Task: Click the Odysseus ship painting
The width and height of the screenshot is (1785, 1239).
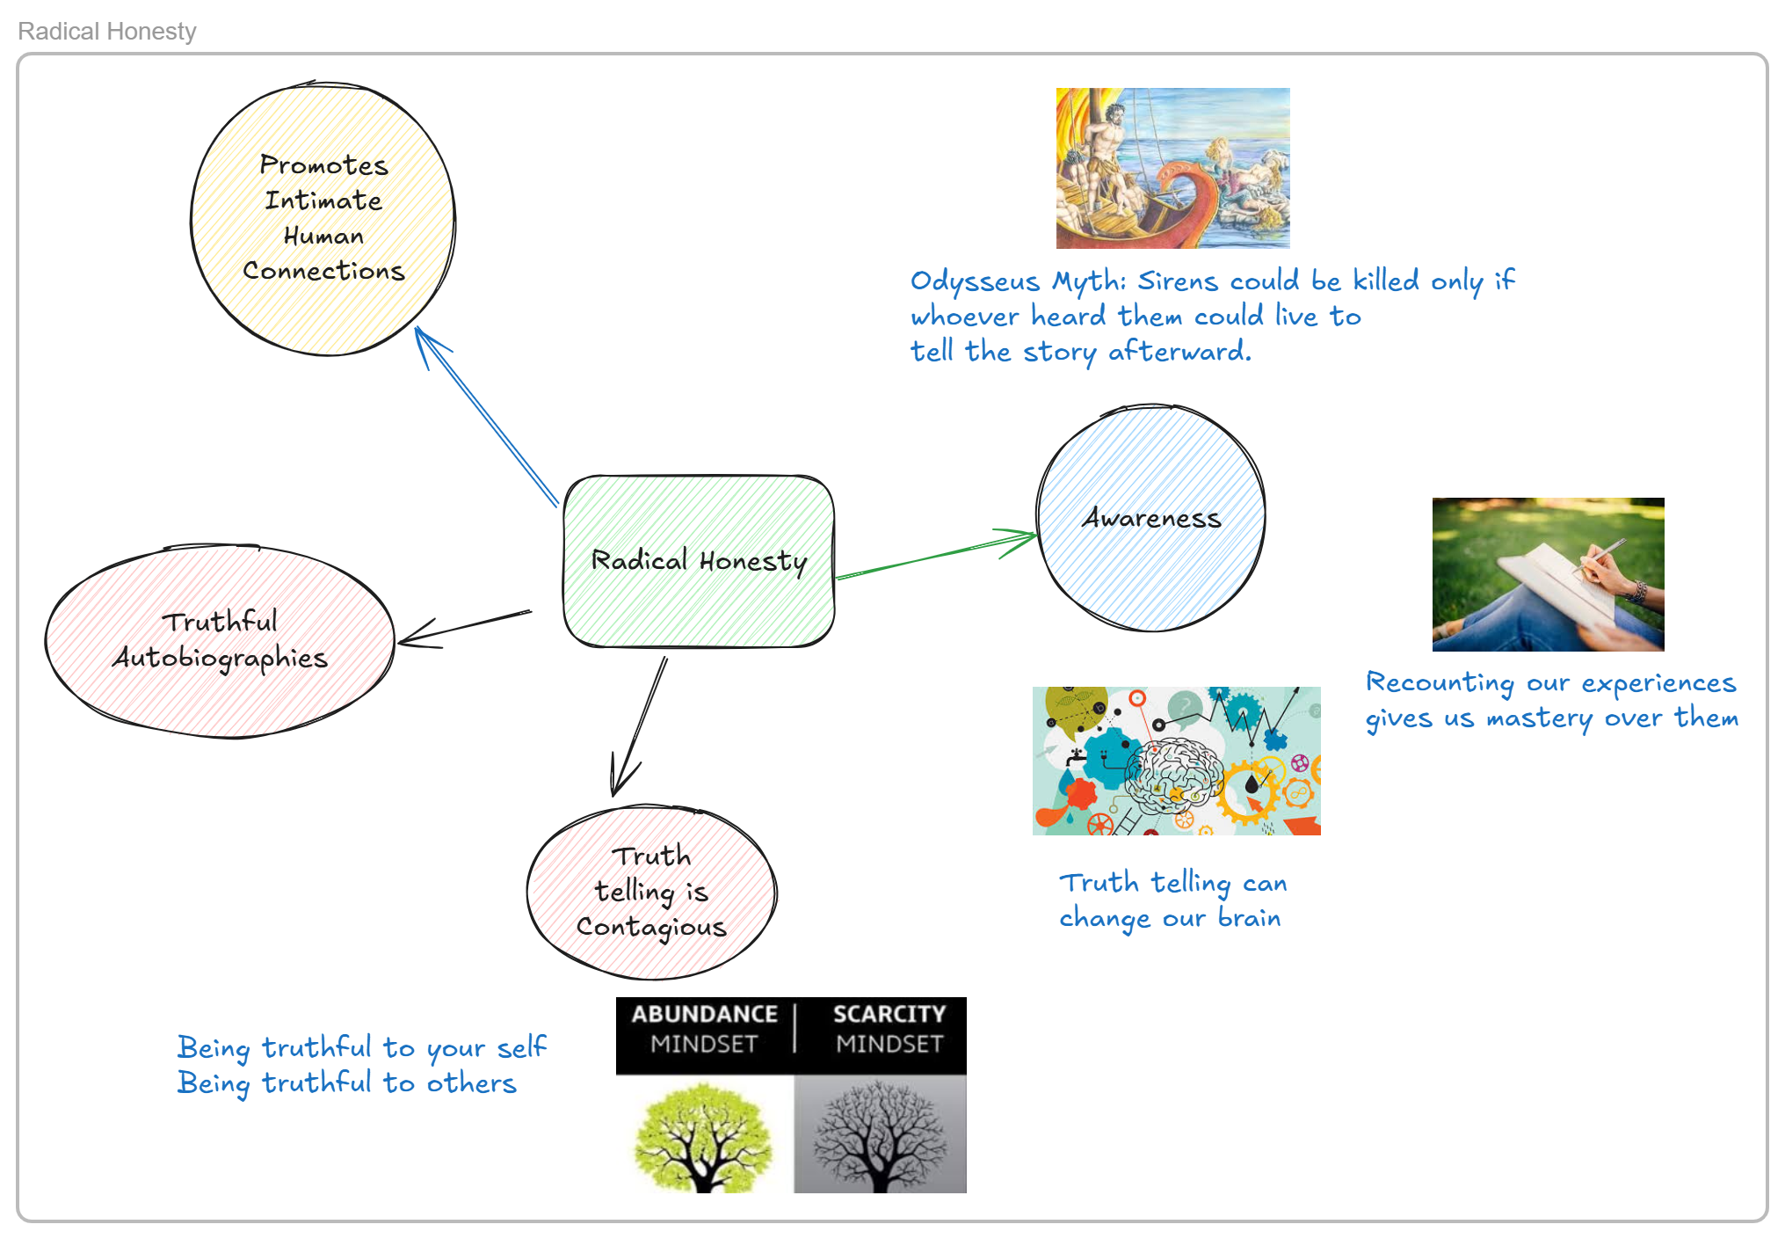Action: (1172, 167)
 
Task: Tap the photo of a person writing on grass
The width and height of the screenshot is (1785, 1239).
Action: (1548, 574)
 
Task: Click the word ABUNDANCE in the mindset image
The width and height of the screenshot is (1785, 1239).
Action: (704, 1014)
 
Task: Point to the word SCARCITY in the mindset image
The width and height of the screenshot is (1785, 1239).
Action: (889, 1014)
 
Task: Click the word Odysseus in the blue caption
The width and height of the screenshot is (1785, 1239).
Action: (975, 281)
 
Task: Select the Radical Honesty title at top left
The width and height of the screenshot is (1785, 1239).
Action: (107, 32)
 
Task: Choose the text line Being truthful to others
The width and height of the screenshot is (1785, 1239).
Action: (346, 1083)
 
